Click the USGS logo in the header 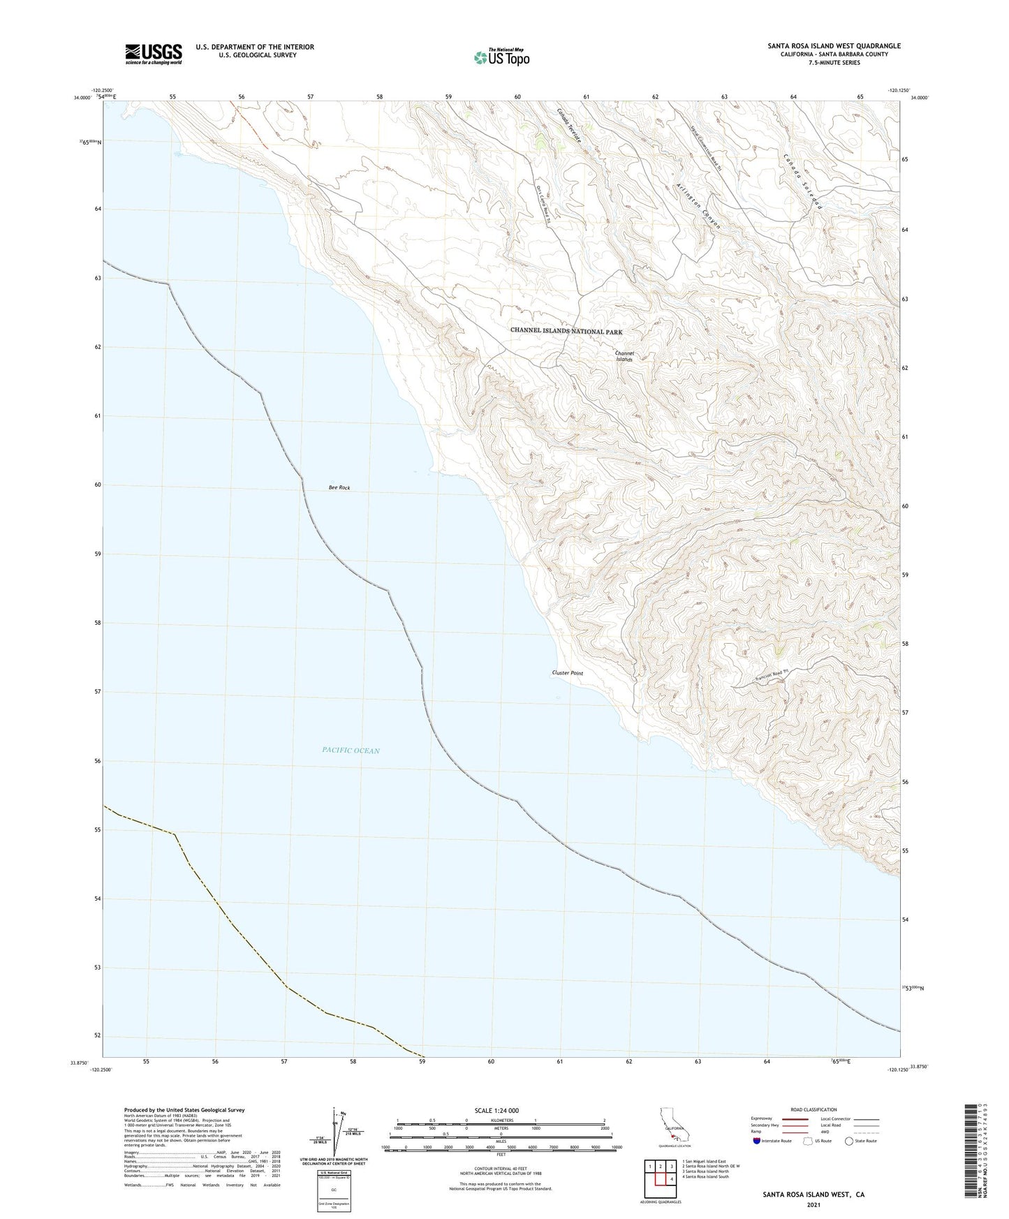coord(153,54)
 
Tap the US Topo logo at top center coord(501,57)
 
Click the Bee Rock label coord(339,488)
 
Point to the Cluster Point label coord(567,673)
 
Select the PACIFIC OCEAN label coord(351,751)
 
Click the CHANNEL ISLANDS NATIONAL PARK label coord(566,332)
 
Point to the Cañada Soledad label coord(804,182)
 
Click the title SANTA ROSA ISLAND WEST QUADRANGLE coord(834,46)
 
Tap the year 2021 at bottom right coord(813,1204)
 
